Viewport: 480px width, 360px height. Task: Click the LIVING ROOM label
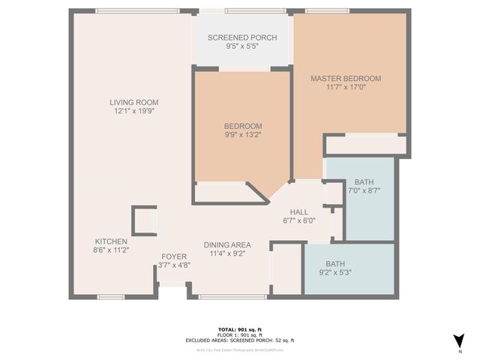tap(134, 102)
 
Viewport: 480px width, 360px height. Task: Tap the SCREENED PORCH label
tap(242, 38)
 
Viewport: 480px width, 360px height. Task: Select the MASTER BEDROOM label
tap(346, 78)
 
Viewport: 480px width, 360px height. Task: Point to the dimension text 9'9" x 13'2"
tap(242, 135)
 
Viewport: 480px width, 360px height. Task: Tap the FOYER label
tap(174, 256)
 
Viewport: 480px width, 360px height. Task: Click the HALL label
tap(299, 211)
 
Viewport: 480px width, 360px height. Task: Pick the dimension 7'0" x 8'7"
tap(364, 192)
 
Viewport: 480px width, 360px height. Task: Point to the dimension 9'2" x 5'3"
tap(336, 272)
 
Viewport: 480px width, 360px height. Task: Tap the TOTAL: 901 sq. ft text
tap(240, 328)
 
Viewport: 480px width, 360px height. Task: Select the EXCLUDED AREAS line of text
tap(240, 340)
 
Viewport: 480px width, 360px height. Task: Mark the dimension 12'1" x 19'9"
tap(134, 111)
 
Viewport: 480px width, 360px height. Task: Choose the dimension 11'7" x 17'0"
tap(346, 87)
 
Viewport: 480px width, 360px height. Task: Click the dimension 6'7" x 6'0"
tap(299, 220)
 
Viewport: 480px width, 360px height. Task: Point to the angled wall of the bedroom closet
tap(258, 193)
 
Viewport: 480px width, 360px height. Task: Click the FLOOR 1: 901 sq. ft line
tap(240, 334)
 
